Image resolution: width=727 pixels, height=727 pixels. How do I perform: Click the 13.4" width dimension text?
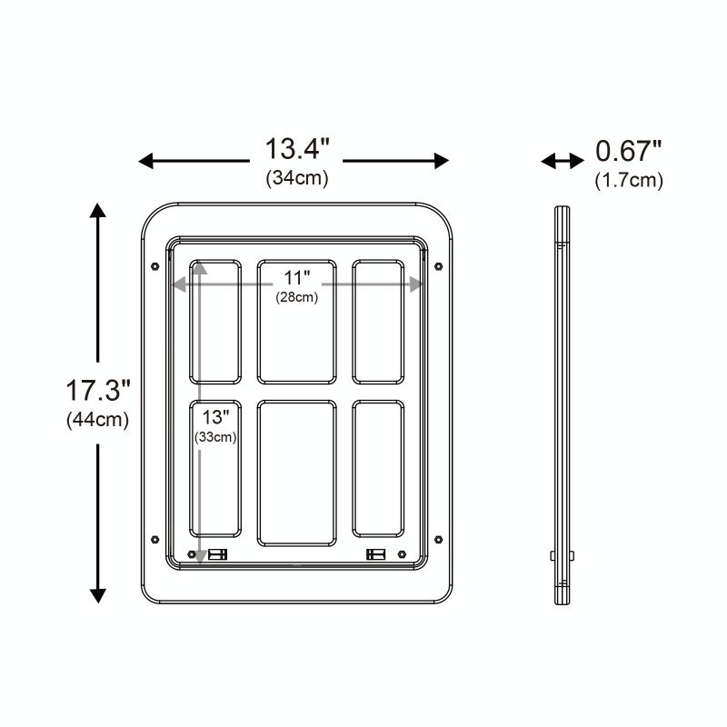click(x=297, y=149)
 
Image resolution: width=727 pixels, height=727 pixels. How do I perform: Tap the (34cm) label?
click(x=297, y=178)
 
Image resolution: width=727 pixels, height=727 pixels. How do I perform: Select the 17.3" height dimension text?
click(x=98, y=390)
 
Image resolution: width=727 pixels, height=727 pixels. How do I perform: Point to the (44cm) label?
click(x=98, y=420)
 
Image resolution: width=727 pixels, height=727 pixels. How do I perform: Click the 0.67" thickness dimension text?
click(x=629, y=151)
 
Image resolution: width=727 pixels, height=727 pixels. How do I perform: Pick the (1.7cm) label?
click(x=629, y=180)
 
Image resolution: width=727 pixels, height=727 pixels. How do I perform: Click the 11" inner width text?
click(x=297, y=278)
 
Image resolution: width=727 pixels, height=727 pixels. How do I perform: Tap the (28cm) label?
click(x=297, y=297)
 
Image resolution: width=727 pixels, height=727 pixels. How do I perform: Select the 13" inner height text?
click(x=215, y=417)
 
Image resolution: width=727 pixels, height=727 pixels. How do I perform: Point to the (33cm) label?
click(x=215, y=437)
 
